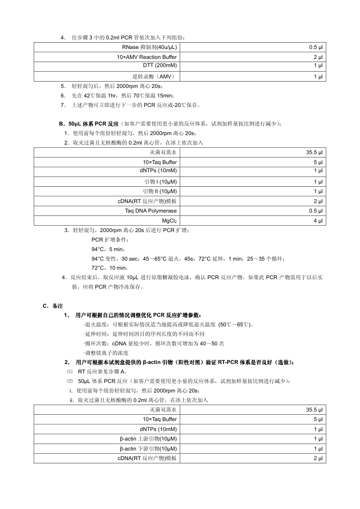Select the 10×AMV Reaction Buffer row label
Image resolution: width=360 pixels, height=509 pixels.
(147, 57)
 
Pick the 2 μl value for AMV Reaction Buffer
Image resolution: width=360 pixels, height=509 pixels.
(318, 57)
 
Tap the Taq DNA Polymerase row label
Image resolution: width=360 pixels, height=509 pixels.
(151, 211)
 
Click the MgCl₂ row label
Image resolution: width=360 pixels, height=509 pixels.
(170, 221)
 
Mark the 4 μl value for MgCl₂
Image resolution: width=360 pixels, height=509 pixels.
(318, 221)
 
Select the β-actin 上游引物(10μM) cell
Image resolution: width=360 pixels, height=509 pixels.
(148, 439)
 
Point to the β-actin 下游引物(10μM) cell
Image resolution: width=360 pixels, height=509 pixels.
(148, 449)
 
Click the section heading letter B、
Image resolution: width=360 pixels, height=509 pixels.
(62, 123)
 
